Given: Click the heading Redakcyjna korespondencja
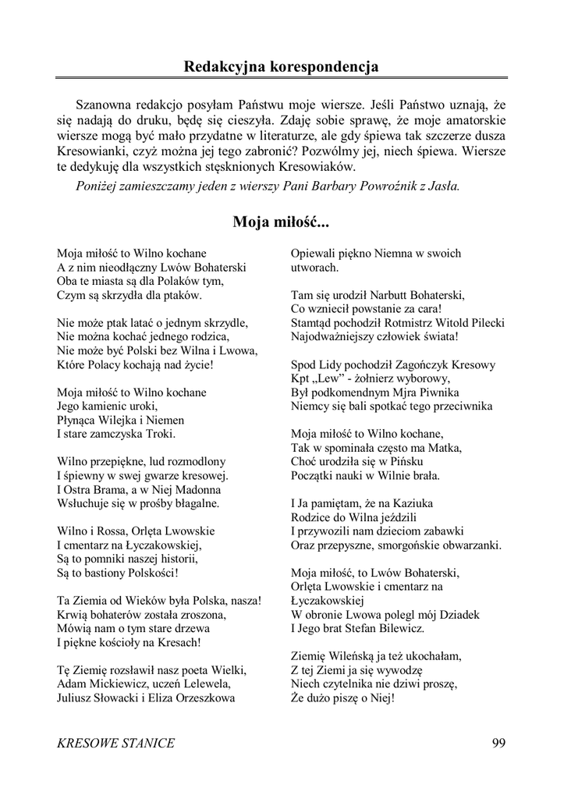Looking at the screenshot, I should tap(282, 66).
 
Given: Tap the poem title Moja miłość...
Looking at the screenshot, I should tap(281, 223).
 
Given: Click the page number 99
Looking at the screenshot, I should tap(499, 743).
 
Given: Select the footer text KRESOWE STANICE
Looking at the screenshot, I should tap(116, 743).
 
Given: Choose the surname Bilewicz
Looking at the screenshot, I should tap(398, 627).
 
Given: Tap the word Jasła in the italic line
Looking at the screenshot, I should tap(443, 186).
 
